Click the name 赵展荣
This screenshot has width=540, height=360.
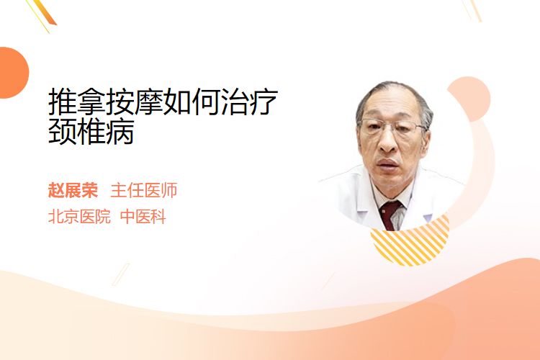point(73,190)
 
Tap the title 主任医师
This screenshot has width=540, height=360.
point(144,190)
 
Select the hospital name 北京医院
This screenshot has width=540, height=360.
point(79,217)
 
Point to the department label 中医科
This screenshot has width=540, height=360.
point(143,217)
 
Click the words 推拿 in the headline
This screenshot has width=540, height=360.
point(77,102)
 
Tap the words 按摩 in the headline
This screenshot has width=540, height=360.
point(134,102)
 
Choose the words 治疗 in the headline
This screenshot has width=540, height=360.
point(249,102)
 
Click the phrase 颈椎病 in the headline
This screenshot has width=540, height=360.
point(91,131)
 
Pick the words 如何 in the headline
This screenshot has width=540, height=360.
point(192,102)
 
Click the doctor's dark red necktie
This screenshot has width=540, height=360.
point(390,215)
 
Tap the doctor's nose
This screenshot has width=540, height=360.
point(388,141)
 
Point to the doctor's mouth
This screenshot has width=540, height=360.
point(389,163)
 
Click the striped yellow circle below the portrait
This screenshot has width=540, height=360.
point(410,241)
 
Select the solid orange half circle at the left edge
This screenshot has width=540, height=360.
point(13,73)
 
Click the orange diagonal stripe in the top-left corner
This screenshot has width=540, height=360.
point(44,13)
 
